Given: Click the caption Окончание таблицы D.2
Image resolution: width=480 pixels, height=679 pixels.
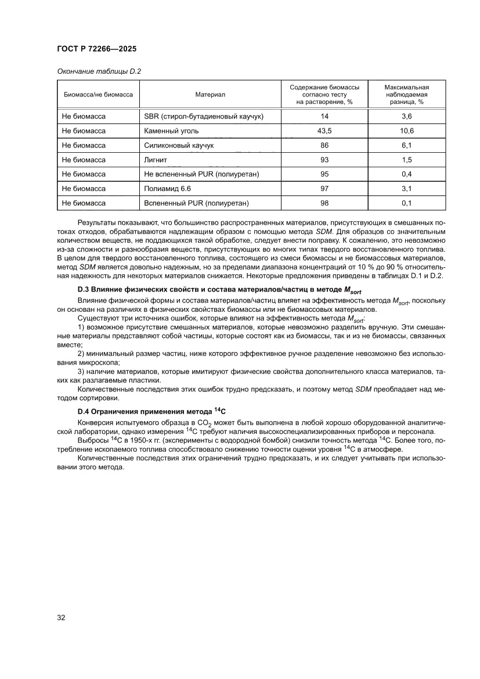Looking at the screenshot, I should [99, 71].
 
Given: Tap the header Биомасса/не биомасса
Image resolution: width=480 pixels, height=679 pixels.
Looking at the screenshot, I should [98, 94].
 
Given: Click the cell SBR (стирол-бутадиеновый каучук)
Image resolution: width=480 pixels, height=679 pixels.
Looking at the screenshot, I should [204, 117].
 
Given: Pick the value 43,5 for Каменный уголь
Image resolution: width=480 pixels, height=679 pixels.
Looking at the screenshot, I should [324, 131].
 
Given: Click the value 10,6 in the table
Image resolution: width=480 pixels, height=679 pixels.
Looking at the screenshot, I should [407, 131].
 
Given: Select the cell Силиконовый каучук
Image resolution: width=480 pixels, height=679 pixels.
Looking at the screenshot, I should [179, 145].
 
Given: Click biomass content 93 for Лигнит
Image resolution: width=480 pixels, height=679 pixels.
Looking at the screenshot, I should [324, 160].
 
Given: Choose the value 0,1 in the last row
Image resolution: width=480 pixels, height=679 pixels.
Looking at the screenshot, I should [407, 203].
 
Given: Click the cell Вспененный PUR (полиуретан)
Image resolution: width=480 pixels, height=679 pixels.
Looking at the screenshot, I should [196, 203].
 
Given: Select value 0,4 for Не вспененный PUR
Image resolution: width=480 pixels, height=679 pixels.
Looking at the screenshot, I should [407, 174].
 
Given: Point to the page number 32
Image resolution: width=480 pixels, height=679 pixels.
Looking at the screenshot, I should [61, 617].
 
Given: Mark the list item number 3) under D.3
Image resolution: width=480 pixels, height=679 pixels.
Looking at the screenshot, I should [81, 371].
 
